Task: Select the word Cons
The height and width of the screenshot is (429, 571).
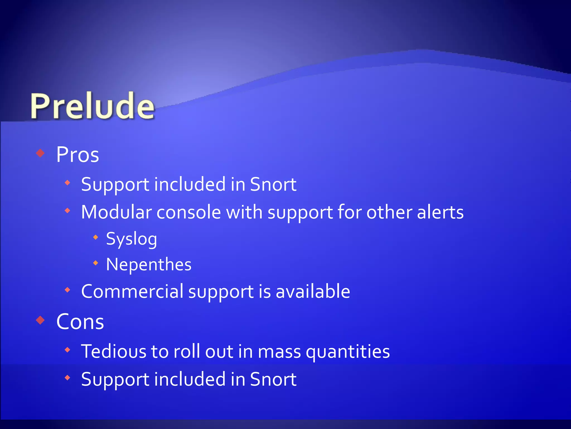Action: [x=80, y=321]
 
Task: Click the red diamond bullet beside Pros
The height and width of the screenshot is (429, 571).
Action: [x=41, y=153]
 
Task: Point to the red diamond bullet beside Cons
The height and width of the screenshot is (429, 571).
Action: [x=41, y=320]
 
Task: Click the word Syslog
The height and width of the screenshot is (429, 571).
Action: [x=132, y=239]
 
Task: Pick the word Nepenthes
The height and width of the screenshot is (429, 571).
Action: [x=149, y=264]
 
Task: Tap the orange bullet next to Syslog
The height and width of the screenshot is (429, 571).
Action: [x=96, y=237]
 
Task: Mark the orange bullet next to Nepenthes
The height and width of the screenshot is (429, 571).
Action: [x=96, y=263]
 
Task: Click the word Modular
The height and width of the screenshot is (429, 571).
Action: [x=116, y=212]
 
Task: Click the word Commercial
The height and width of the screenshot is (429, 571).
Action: [x=132, y=291]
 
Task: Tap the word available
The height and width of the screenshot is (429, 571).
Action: [x=313, y=291]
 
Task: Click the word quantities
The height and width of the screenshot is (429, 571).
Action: [x=348, y=352]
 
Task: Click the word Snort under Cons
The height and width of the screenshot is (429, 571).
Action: [x=273, y=379]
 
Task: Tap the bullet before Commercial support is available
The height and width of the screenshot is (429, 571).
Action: [x=67, y=290]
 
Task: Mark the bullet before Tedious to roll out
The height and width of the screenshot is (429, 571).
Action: [x=67, y=350]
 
